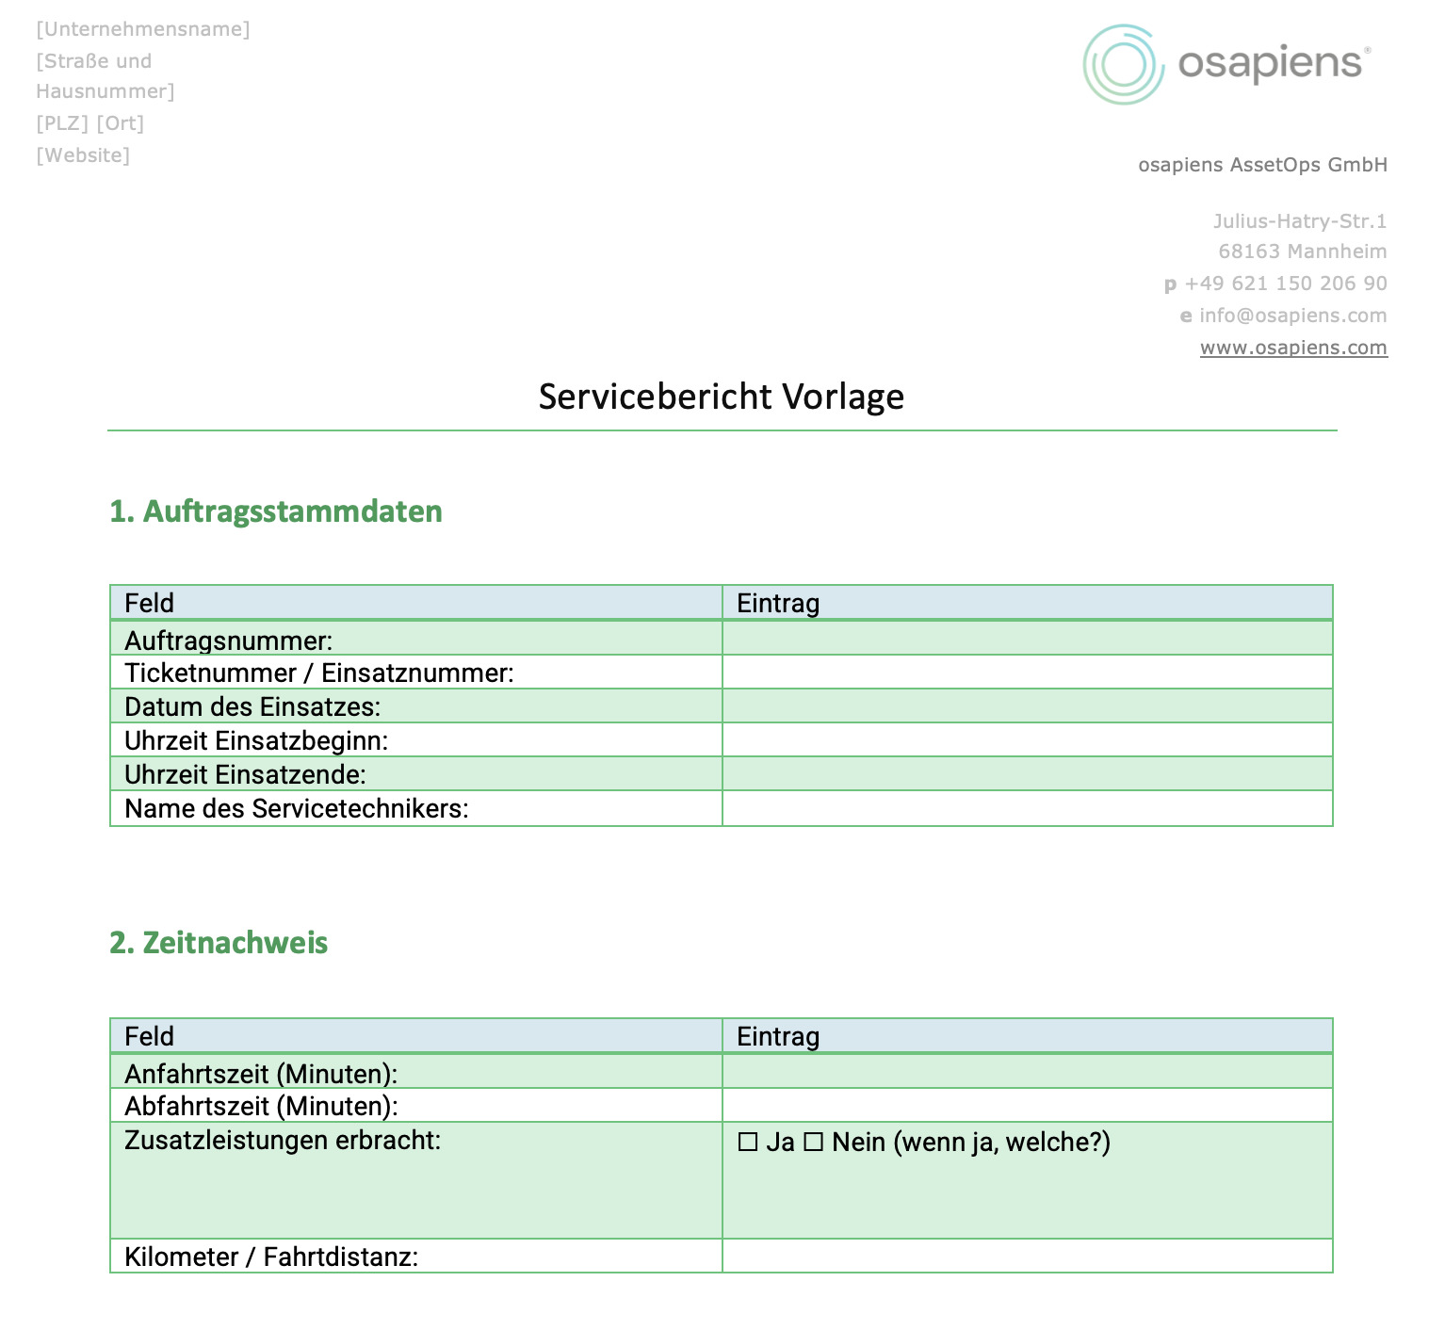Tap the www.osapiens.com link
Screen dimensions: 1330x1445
tap(1292, 348)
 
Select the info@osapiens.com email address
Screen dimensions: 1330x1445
tap(1292, 316)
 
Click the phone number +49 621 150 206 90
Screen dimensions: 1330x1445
tap(1285, 284)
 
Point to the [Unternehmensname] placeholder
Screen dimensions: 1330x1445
tap(143, 29)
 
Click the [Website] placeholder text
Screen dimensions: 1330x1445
tap(83, 155)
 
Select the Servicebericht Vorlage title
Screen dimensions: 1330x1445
tap(721, 397)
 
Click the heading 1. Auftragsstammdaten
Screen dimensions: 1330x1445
tap(276, 511)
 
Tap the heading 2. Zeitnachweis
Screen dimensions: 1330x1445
tap(219, 943)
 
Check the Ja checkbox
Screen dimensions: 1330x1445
tap(748, 1143)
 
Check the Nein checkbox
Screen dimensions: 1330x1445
tap(814, 1143)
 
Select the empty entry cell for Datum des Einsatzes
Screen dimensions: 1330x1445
tap(1027, 706)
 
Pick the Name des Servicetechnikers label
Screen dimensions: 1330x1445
tap(297, 809)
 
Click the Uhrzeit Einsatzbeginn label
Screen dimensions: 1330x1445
tap(256, 741)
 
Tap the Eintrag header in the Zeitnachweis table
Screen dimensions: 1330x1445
tap(778, 1037)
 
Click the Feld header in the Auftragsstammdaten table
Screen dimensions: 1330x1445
tap(150, 604)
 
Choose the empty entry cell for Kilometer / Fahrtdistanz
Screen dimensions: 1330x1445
tap(1027, 1257)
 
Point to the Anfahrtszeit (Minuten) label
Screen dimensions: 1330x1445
tap(261, 1074)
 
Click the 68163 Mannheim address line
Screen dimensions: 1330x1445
tap(1302, 251)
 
